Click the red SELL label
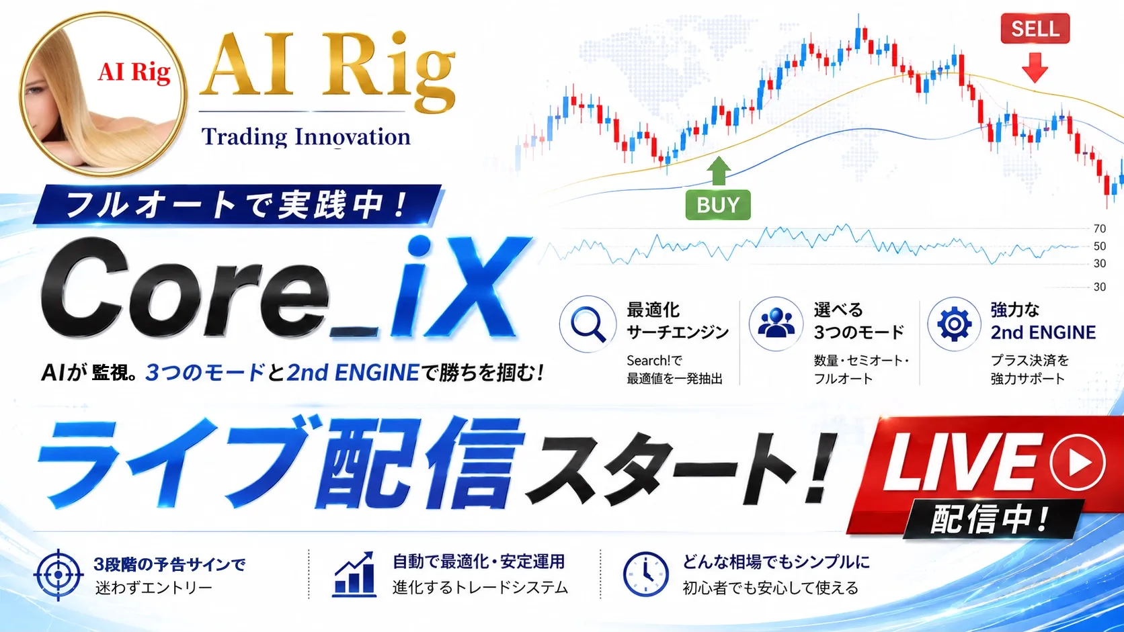[1035, 29]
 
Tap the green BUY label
[718, 205]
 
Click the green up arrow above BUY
[719, 171]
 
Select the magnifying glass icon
[588, 324]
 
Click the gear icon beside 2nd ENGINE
[954, 324]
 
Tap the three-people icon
[776, 322]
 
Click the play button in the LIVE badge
[1078, 462]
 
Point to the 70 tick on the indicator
[1099, 228]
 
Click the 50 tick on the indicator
[1099, 246]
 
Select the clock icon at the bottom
[645, 574]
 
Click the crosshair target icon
[58, 574]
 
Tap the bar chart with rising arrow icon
[354, 574]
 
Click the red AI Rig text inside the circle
[134, 73]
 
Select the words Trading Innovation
[306, 137]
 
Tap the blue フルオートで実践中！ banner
[237, 205]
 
